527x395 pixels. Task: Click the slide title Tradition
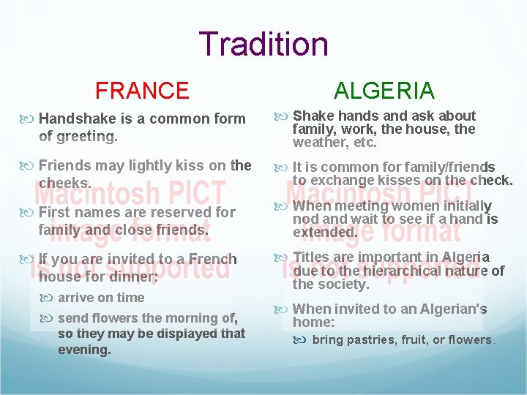tap(263, 44)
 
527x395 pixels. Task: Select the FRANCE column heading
tap(142, 91)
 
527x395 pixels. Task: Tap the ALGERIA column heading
tap(384, 91)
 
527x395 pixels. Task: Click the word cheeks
tap(64, 183)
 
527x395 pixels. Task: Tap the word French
tap(212, 259)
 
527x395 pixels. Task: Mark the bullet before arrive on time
tap(50, 298)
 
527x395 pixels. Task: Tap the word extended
tap(325, 233)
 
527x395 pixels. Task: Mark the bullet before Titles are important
tap(283, 257)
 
